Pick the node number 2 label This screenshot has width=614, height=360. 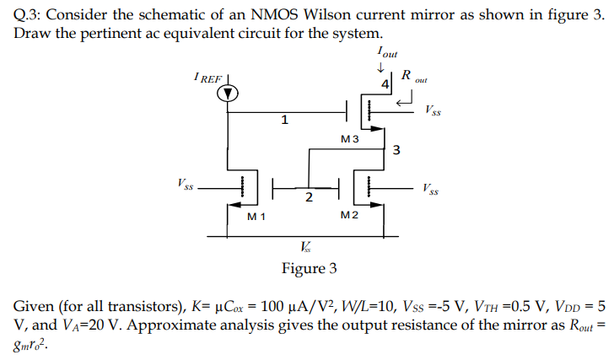(309, 197)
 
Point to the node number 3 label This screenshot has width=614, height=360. (396, 151)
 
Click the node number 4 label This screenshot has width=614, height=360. (385, 85)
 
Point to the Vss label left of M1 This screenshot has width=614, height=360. (185, 183)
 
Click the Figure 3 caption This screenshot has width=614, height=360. (309, 269)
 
